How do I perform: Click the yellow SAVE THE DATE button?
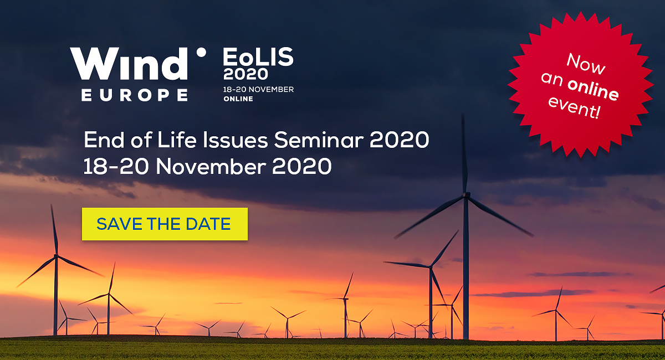point(165,224)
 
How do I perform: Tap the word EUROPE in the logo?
point(135,95)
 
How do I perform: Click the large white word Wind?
point(129,64)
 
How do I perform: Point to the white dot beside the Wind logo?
point(201,53)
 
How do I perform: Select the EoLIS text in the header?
point(258,56)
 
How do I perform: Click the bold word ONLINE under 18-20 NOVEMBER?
point(238,99)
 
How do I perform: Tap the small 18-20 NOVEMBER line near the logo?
point(258,89)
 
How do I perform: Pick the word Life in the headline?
point(177,140)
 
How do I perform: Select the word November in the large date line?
point(211,167)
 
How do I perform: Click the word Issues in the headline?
point(236,140)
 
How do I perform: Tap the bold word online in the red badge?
point(593,89)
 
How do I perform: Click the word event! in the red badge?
point(574,108)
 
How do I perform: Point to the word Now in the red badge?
point(586,64)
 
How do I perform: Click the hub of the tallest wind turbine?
point(466,195)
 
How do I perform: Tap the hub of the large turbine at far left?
point(56,255)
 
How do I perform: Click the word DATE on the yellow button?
point(208,224)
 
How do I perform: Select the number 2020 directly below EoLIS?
point(245,74)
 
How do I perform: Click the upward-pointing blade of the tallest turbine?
point(464,154)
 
